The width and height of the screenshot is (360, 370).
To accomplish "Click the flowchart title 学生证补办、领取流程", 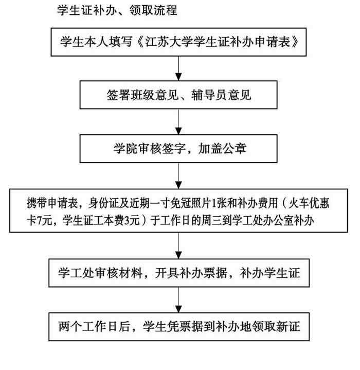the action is (x=117, y=10).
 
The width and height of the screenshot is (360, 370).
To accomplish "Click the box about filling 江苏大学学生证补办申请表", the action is (x=178, y=42).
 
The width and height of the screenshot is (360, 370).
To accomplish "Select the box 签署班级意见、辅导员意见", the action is (x=178, y=95).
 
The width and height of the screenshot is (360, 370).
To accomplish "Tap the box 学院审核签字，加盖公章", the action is (x=178, y=149).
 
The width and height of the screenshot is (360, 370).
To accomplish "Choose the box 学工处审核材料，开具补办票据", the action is (x=179, y=273).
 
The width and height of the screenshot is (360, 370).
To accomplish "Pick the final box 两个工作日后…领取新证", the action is (x=179, y=327).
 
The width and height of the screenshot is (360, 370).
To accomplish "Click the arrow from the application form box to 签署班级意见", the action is (x=178, y=68).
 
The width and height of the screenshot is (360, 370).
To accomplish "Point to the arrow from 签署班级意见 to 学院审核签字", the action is (x=178, y=122).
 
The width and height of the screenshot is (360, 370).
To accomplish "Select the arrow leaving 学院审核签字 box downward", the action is (x=178, y=176).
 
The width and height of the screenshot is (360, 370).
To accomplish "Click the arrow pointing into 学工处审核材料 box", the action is (x=178, y=245).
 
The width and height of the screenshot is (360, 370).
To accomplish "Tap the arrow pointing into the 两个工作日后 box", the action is (x=178, y=300).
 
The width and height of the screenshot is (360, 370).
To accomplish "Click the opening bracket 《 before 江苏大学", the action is (x=140, y=42).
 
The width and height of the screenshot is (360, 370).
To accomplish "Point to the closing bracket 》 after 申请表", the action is (x=295, y=42).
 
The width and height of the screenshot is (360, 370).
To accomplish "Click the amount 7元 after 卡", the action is (x=44, y=221).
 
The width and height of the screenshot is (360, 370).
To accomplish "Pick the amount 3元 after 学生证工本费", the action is (x=132, y=221).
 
